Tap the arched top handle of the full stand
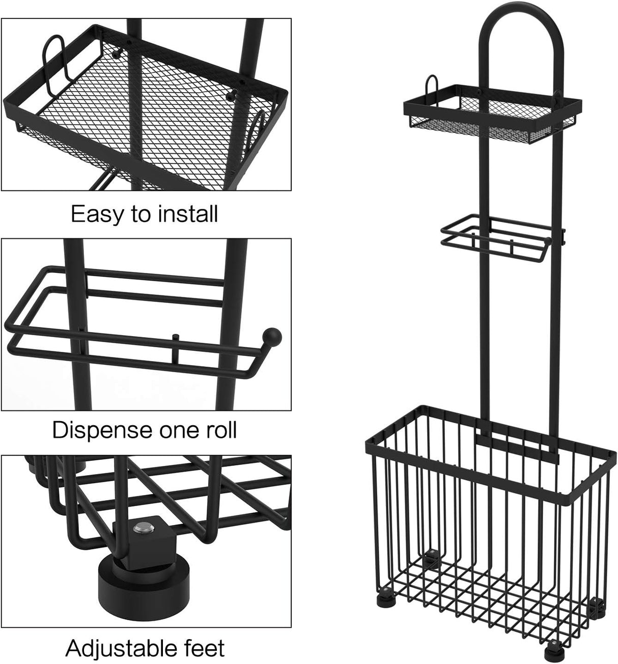pyautogui.click(x=520, y=31)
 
